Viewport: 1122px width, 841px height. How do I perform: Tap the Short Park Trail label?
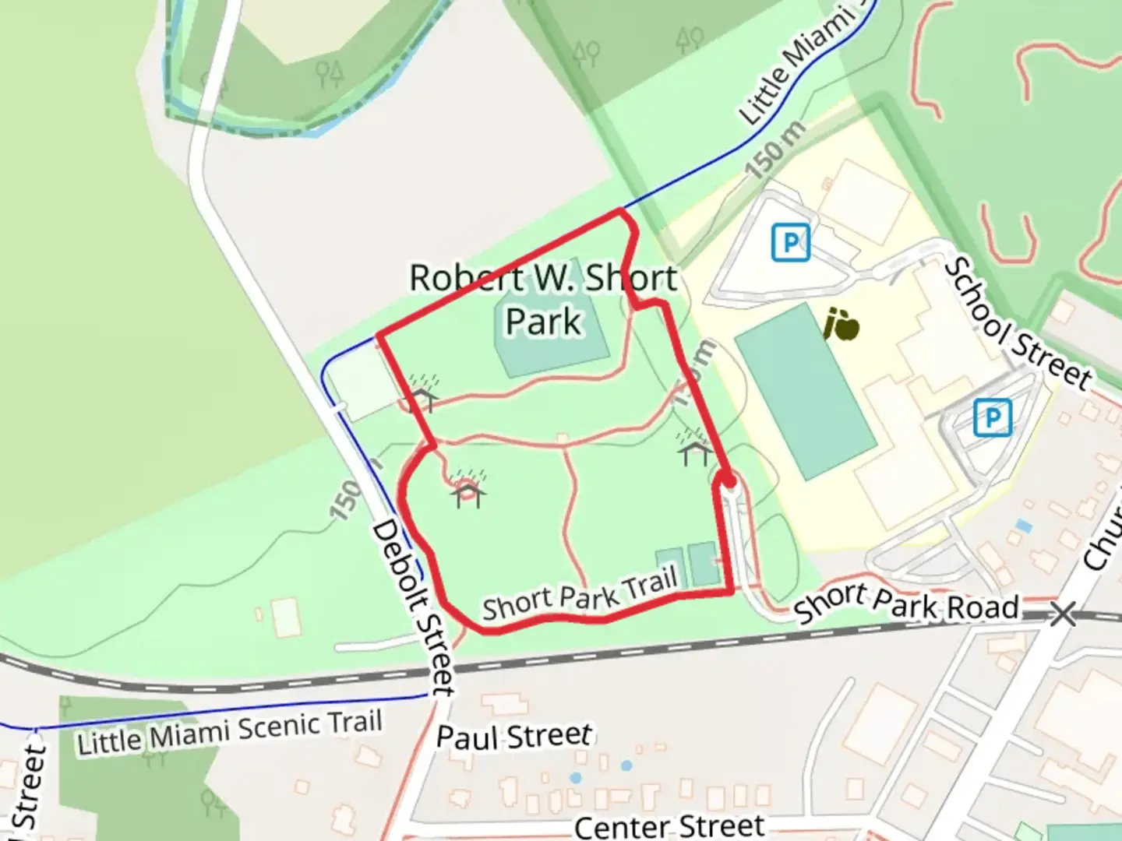pyautogui.click(x=579, y=594)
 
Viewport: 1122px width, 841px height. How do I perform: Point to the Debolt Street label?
pyautogui.click(x=413, y=607)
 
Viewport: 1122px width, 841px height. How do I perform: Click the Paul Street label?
pyautogui.click(x=514, y=736)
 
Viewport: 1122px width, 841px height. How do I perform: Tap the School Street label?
pyautogui.click(x=1018, y=323)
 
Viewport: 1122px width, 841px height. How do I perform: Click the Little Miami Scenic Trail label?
pyautogui.click(x=230, y=733)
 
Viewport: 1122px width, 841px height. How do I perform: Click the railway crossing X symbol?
pyautogui.click(x=1063, y=614)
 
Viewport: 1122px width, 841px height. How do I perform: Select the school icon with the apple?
pyautogui.click(x=841, y=325)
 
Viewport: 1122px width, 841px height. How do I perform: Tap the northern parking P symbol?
pyautogui.click(x=790, y=243)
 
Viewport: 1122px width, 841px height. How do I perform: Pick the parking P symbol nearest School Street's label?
pyautogui.click(x=992, y=417)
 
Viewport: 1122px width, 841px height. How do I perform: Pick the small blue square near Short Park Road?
pyautogui.click(x=1024, y=526)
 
